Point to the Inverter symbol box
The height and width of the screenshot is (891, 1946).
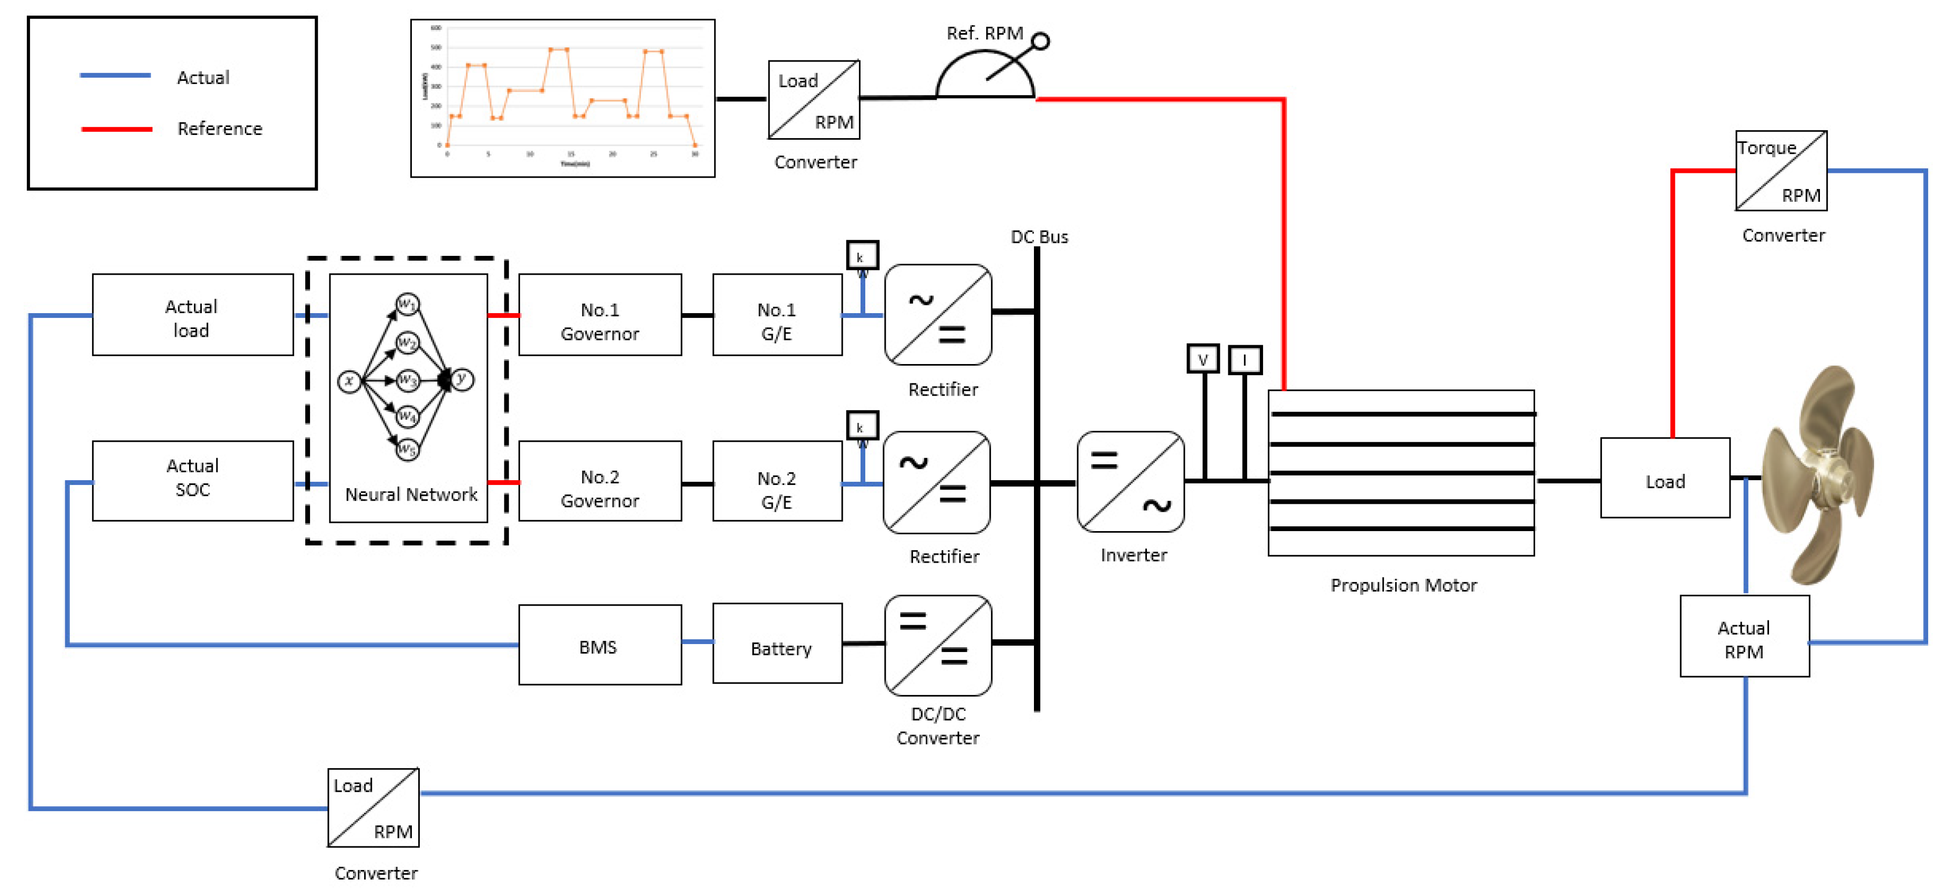pos(1130,482)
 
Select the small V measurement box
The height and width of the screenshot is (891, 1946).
pos(1203,359)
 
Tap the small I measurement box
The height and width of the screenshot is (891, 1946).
pos(1244,359)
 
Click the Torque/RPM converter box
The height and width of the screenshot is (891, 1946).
pos(1781,171)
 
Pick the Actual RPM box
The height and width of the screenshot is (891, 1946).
pos(1744,637)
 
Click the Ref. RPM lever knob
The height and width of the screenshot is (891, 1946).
pos(1040,41)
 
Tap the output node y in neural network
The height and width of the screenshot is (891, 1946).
pos(462,379)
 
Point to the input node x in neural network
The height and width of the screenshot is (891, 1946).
pos(348,381)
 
